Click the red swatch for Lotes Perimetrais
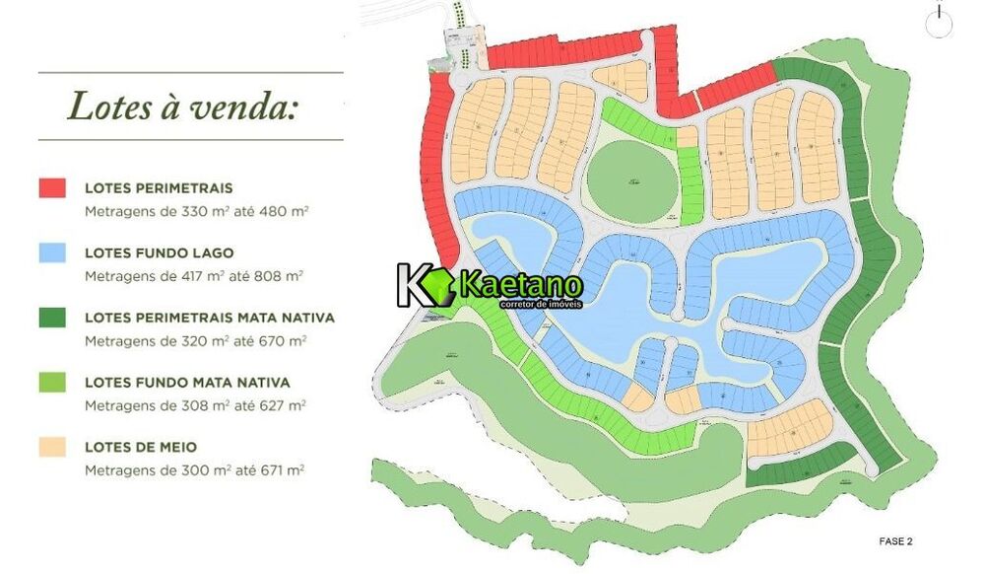(x=52, y=187)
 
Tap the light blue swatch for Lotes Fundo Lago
(x=52, y=252)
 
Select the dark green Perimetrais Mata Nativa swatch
(x=52, y=318)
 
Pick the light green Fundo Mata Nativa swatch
(x=52, y=382)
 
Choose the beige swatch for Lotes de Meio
(x=52, y=447)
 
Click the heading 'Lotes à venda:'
(x=181, y=107)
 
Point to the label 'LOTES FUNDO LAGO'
(x=159, y=253)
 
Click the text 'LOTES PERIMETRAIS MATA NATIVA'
(x=210, y=318)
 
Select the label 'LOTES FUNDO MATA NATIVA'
(x=187, y=382)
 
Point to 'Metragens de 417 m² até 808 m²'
(x=194, y=276)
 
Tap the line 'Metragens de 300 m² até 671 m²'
(x=194, y=470)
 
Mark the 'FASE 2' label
(x=895, y=540)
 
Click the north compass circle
(x=939, y=22)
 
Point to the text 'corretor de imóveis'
(x=541, y=304)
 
